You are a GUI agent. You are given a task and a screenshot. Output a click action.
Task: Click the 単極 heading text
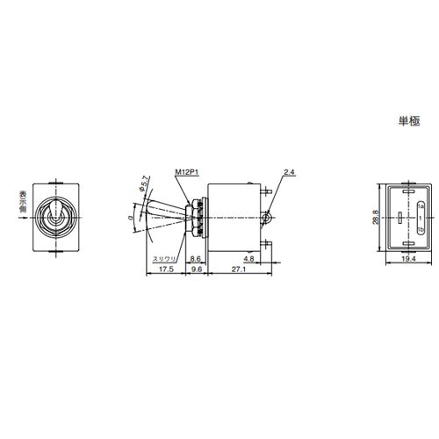pyautogui.click(x=409, y=122)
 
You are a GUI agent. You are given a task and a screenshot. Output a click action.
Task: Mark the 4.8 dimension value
pyautogui.click(x=250, y=260)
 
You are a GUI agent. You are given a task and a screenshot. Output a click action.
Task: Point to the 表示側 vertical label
pyautogui.click(x=21, y=203)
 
